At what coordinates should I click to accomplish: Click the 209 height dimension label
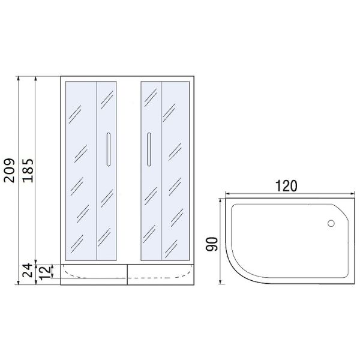click(x=10, y=170)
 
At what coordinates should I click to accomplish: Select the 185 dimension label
click(x=28, y=170)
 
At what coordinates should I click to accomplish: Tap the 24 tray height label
click(x=28, y=270)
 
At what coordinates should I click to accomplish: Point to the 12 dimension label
click(x=45, y=272)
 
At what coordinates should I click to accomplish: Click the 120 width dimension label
click(x=286, y=186)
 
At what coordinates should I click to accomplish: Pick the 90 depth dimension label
click(x=211, y=244)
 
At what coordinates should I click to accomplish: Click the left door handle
click(x=109, y=149)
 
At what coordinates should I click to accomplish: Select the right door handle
click(x=149, y=149)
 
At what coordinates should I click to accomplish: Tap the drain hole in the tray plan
click(x=331, y=223)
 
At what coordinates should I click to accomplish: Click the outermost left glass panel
click(x=81, y=171)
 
